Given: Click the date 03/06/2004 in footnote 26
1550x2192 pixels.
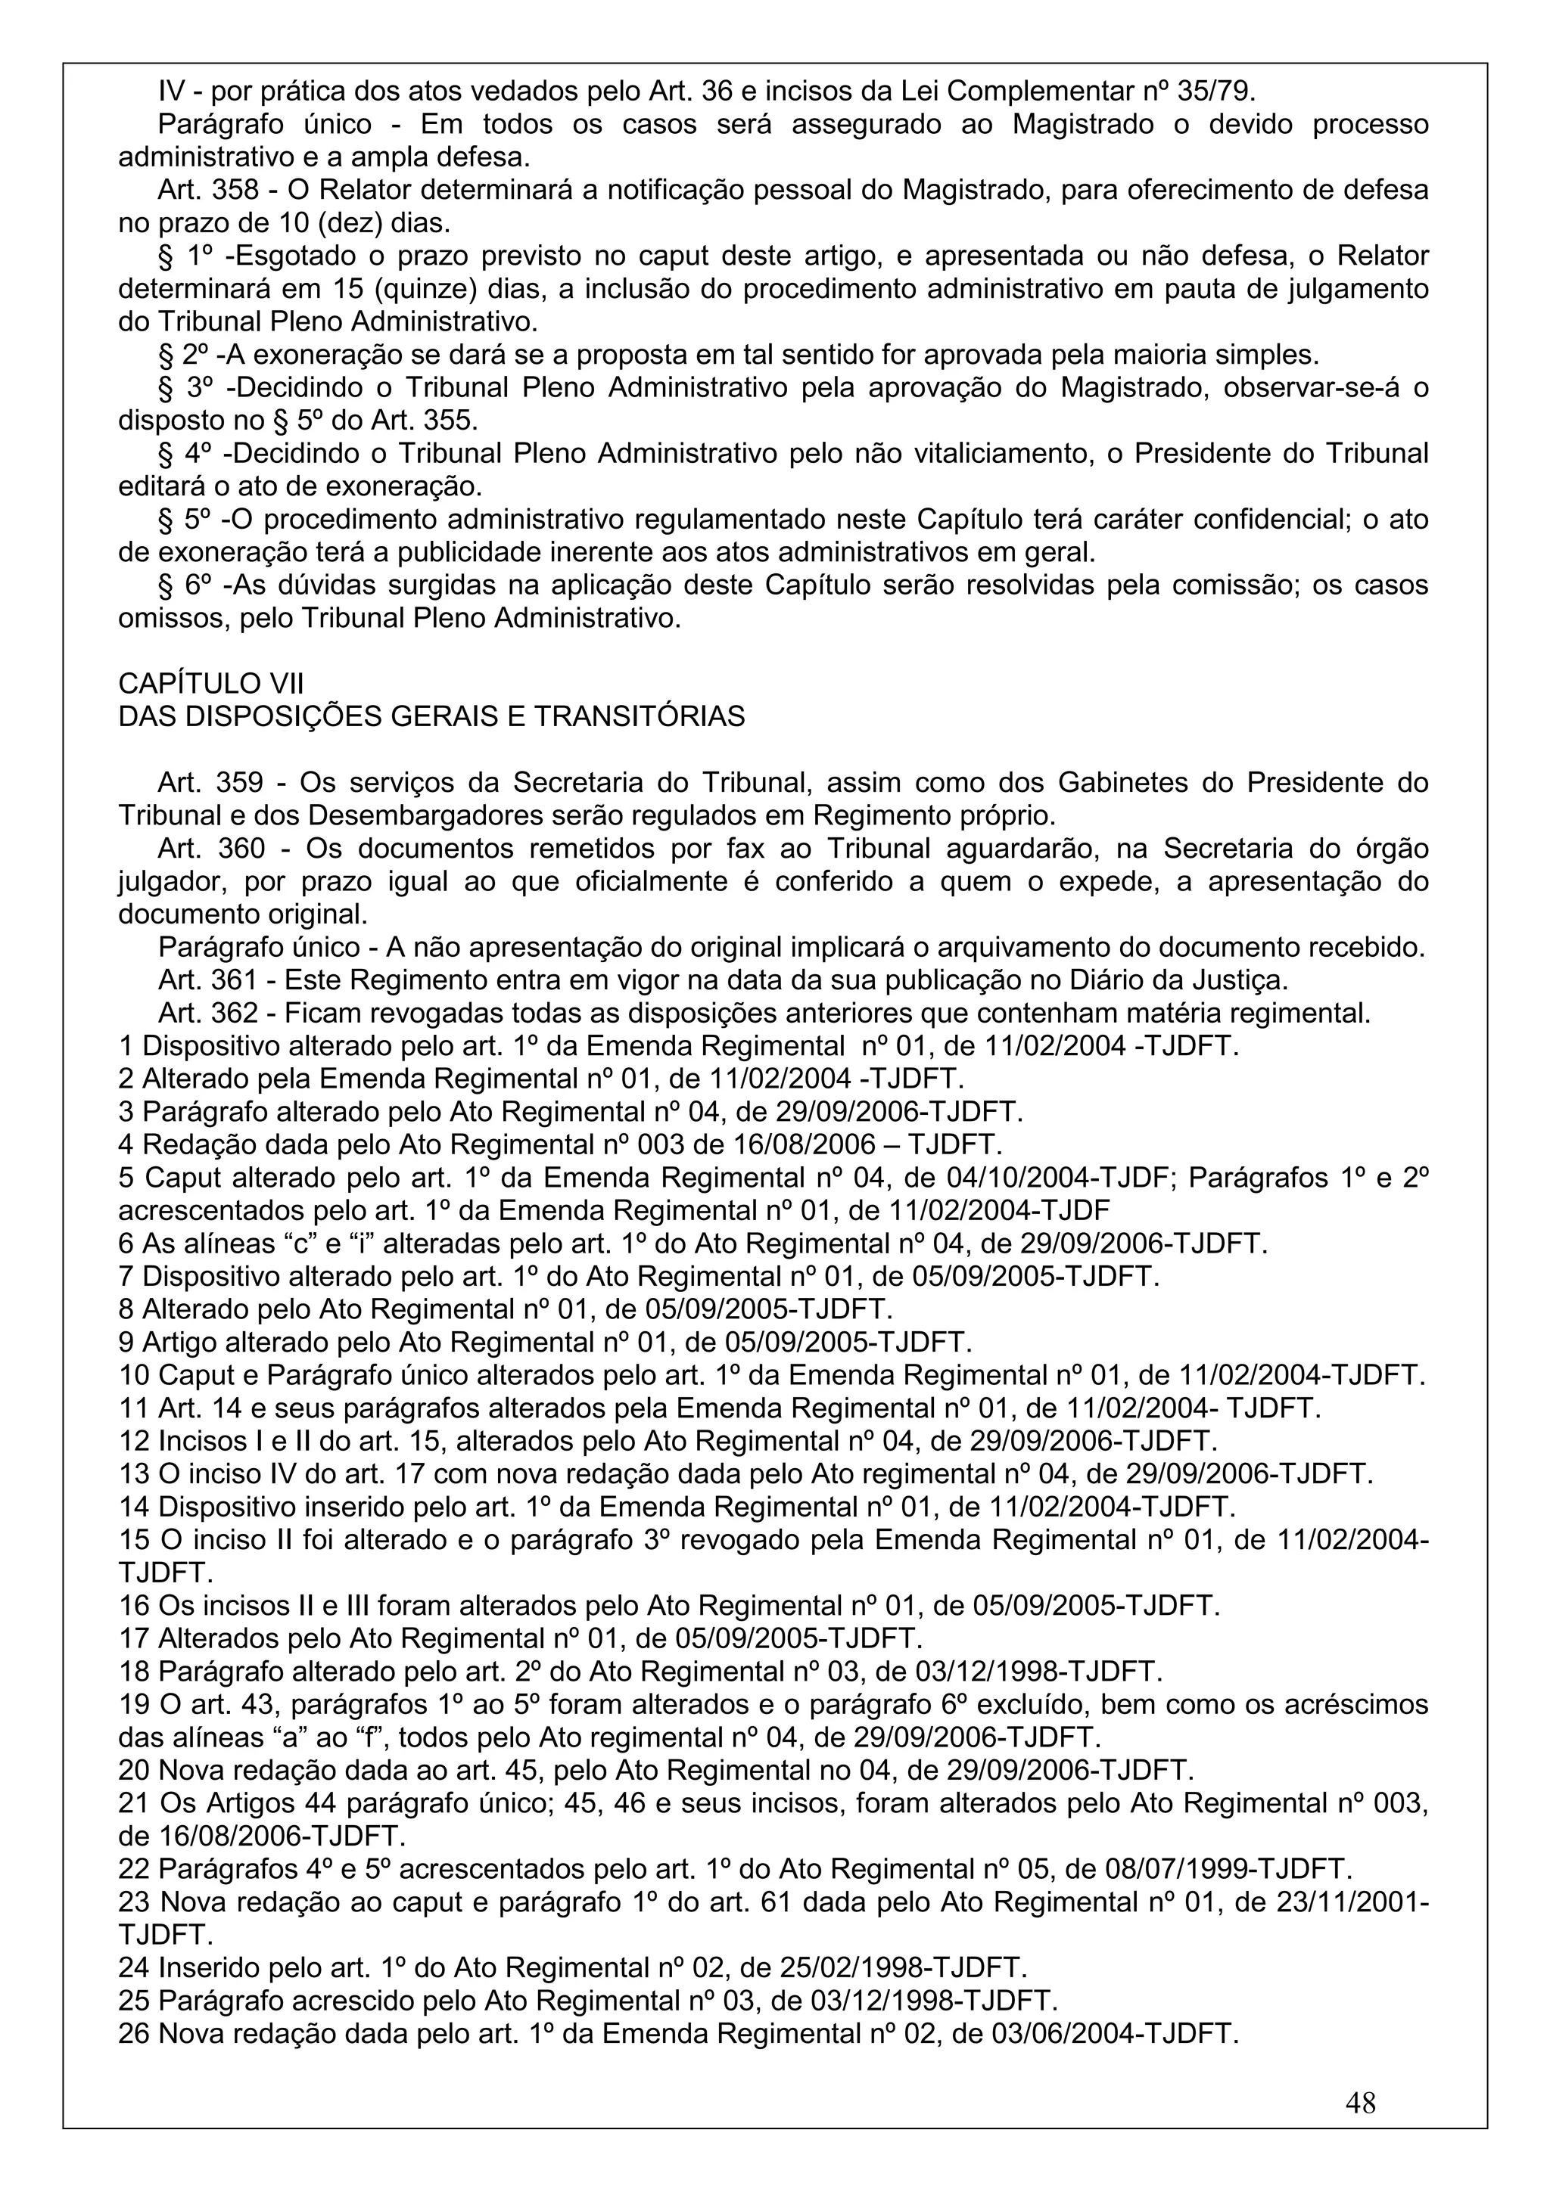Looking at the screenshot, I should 1061,2033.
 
